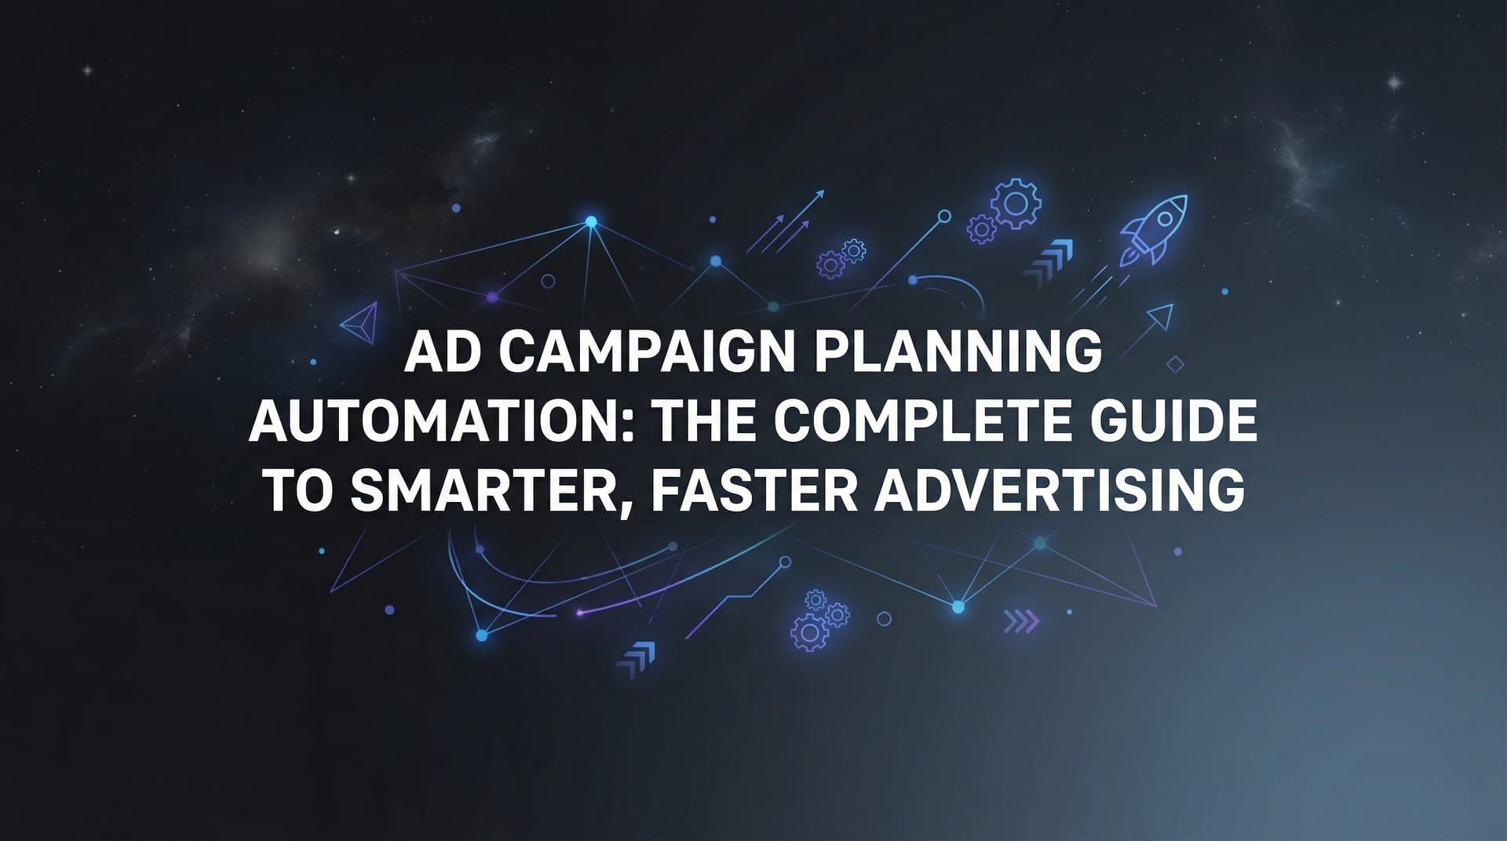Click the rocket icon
pyautogui.click(x=1154, y=228)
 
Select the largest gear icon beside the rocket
pyautogui.click(x=1016, y=202)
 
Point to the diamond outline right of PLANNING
pyautogui.click(x=1175, y=364)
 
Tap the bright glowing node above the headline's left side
pyautogui.click(x=591, y=222)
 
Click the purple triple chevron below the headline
pyautogui.click(x=1021, y=622)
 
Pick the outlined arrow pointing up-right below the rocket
pyautogui.click(x=1159, y=318)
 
